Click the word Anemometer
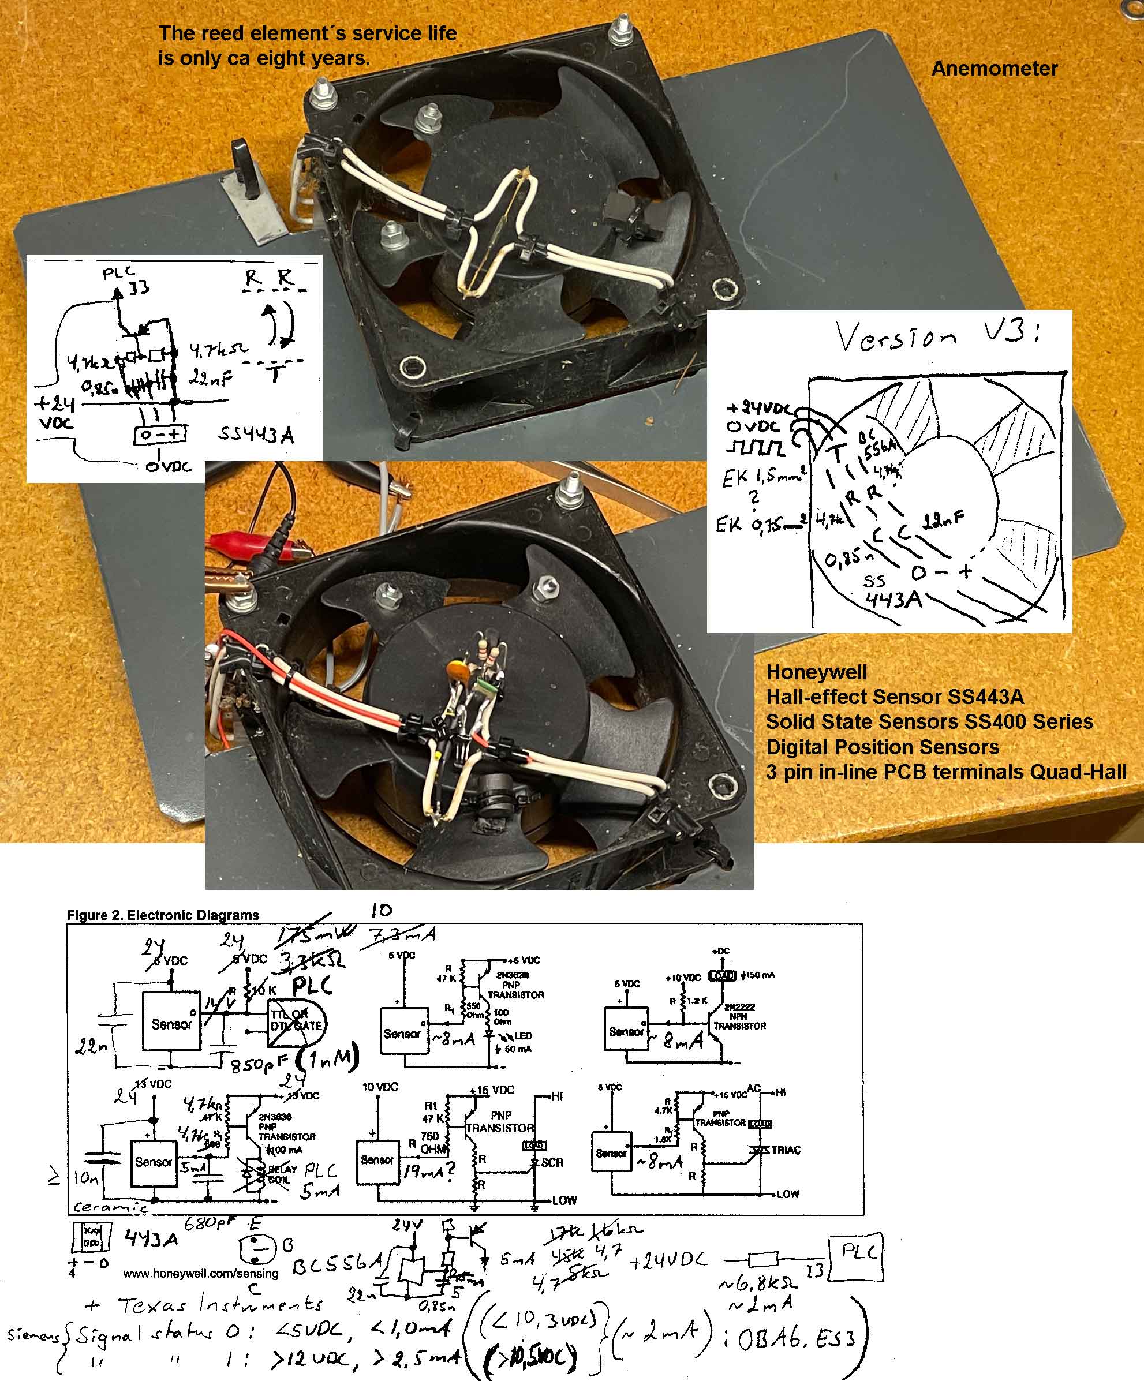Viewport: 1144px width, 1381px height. [994, 69]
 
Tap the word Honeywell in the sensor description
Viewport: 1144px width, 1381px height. [816, 672]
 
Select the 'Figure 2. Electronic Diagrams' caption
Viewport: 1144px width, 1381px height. [163, 915]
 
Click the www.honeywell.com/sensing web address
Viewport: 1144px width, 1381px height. [201, 1273]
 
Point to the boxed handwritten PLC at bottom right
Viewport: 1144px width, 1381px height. [858, 1252]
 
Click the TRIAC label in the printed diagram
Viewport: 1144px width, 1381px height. [786, 1150]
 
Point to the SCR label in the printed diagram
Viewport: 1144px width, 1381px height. [552, 1162]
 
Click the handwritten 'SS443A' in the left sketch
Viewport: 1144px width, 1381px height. [256, 435]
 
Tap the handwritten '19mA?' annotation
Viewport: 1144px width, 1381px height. [428, 1170]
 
